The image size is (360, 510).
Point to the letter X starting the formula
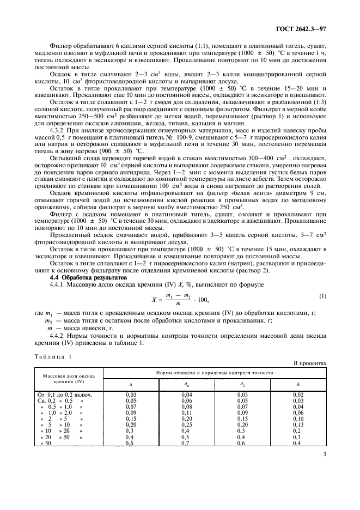point(153,299)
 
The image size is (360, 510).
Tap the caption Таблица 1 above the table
point(53,356)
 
